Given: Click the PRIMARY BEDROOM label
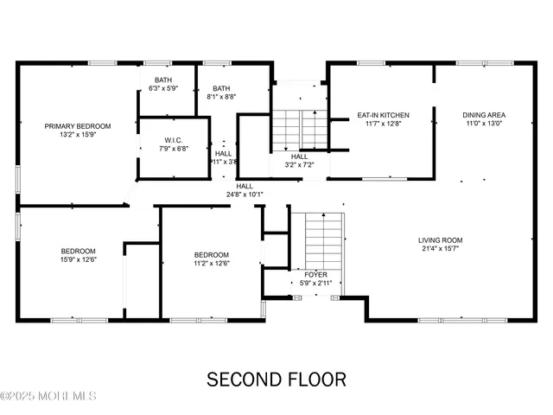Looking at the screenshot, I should click(x=78, y=125).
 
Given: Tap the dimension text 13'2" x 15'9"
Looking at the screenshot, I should click(x=78, y=135).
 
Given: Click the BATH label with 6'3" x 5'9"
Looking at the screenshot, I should click(x=163, y=80).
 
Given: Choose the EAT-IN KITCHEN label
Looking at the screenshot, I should click(x=383, y=115).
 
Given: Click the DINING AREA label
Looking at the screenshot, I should click(x=483, y=115).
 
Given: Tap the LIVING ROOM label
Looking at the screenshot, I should click(x=441, y=240).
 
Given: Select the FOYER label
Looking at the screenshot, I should click(x=315, y=274).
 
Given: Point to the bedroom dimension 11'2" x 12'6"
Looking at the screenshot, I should click(x=211, y=264).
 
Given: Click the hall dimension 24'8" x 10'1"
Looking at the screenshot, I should click(x=245, y=195).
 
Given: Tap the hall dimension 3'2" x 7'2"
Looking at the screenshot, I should click(x=299, y=165).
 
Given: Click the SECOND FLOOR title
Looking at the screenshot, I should click(x=276, y=380).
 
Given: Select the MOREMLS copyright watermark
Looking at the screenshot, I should click(x=49, y=397).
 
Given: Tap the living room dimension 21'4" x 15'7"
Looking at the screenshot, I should click(x=441, y=250).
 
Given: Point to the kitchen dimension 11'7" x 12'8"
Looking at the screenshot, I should click(x=383, y=124).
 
